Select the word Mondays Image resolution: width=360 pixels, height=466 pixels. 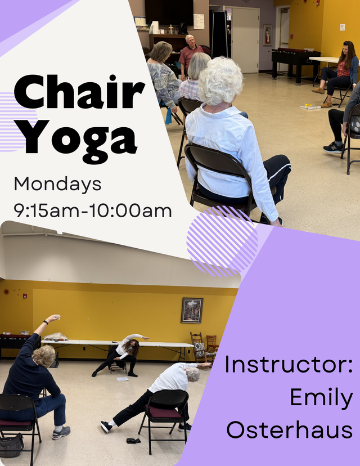(x=57, y=184)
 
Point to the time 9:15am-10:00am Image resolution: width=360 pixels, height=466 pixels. (x=93, y=210)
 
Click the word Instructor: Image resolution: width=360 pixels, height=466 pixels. (x=289, y=364)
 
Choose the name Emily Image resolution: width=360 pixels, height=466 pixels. (x=321, y=397)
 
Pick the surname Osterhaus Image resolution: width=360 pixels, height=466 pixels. (x=290, y=429)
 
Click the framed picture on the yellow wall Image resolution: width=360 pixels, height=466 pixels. (x=192, y=310)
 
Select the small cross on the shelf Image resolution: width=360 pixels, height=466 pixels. (x=171, y=29)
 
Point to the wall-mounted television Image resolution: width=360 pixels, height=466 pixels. (x=169, y=12)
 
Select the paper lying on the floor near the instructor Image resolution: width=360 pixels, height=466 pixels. (x=123, y=379)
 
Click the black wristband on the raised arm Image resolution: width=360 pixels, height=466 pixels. (x=46, y=322)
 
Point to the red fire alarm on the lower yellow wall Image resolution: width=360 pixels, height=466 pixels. (x=25, y=295)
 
